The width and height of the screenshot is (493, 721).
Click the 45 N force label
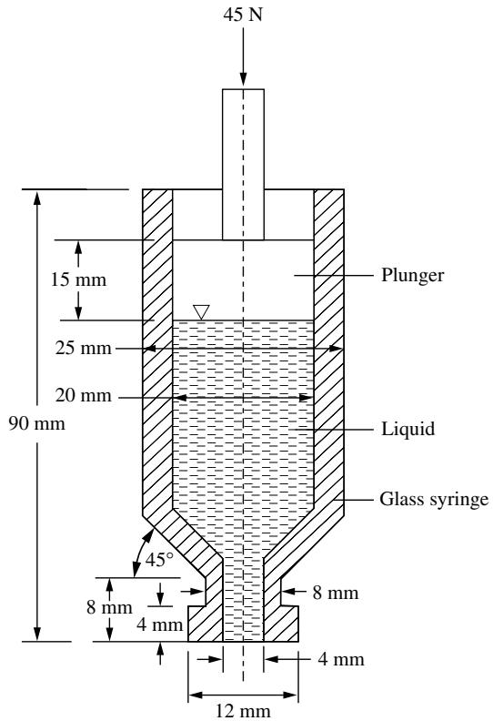243,15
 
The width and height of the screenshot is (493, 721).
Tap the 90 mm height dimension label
36,423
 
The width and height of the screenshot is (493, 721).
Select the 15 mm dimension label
78,279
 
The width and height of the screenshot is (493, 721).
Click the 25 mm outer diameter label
84,348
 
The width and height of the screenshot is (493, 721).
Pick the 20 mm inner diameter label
84,395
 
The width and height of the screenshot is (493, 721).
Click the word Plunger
413,276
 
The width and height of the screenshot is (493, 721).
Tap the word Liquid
408,429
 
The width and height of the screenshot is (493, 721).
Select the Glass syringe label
434,499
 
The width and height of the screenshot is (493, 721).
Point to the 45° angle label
159,560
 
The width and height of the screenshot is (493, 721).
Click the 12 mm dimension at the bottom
243,711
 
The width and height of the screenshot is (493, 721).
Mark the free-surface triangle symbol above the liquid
201,311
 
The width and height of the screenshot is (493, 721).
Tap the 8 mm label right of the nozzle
336,593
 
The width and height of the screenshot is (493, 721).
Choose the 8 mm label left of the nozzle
109,607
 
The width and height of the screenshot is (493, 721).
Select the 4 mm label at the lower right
341,659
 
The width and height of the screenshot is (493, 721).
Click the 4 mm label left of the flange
160,625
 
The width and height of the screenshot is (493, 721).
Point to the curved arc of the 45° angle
138,552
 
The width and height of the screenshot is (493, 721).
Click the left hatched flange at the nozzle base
206,624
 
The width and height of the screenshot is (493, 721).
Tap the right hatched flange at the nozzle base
281,624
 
